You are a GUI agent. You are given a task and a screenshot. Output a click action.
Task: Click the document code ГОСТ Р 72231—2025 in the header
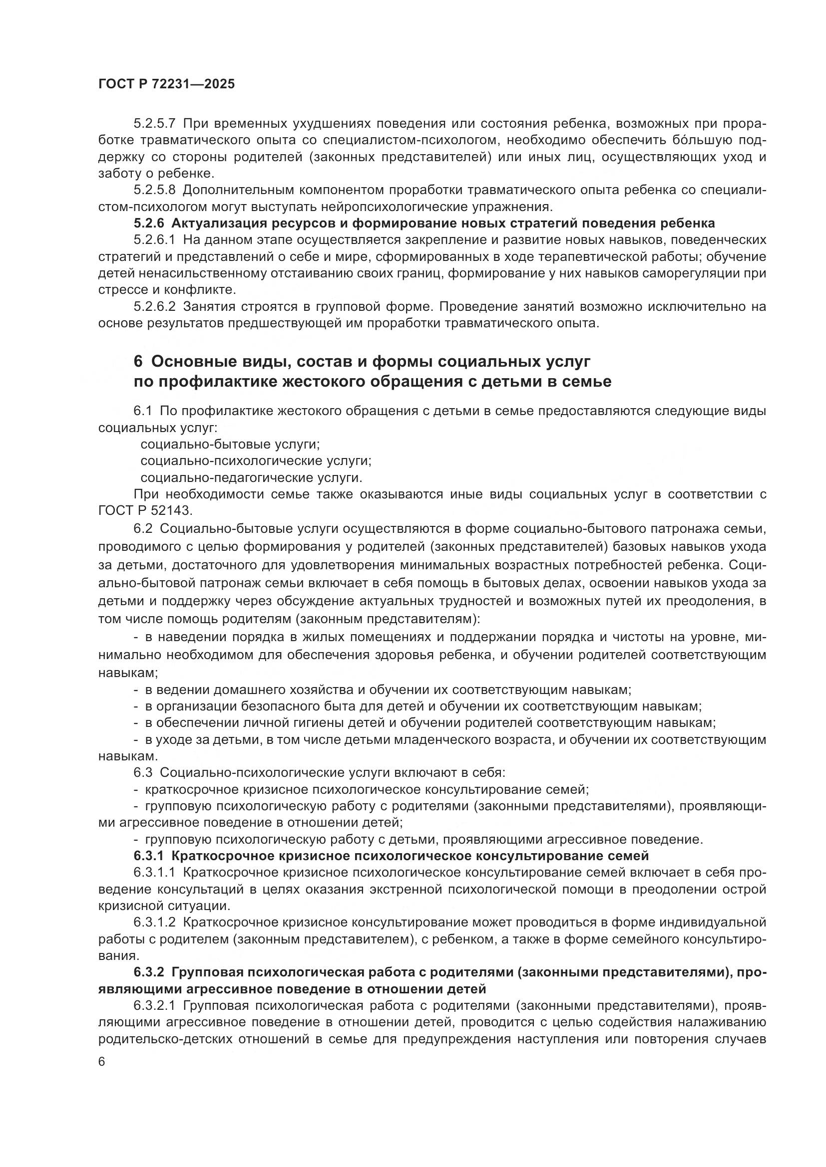[166, 84]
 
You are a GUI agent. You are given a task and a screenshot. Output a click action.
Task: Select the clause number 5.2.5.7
[154, 124]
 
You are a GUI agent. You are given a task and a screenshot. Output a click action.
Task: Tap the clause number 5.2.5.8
[154, 190]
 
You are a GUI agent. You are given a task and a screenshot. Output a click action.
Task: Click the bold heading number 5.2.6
[149, 223]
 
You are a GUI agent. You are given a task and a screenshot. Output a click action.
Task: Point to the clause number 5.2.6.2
[154, 306]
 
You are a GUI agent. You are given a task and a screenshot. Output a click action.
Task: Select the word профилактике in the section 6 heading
[218, 381]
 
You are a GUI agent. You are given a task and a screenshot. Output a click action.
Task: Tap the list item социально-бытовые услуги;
[230, 444]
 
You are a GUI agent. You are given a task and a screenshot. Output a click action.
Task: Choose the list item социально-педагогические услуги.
[251, 478]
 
